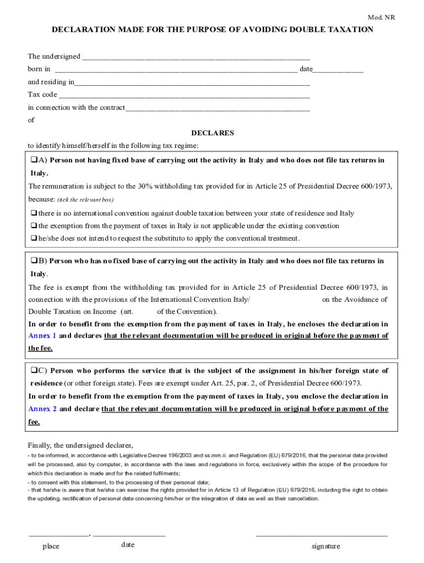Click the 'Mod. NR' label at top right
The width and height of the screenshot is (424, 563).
382,18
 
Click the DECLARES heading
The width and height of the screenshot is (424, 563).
212,133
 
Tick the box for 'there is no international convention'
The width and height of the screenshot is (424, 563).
34,213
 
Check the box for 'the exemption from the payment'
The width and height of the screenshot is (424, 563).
34,226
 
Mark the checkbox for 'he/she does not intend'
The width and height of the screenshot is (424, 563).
34,239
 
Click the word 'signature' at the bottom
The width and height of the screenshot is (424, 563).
325,546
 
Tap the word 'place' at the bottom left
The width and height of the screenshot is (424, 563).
51,546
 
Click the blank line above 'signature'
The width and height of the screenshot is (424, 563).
322,534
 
